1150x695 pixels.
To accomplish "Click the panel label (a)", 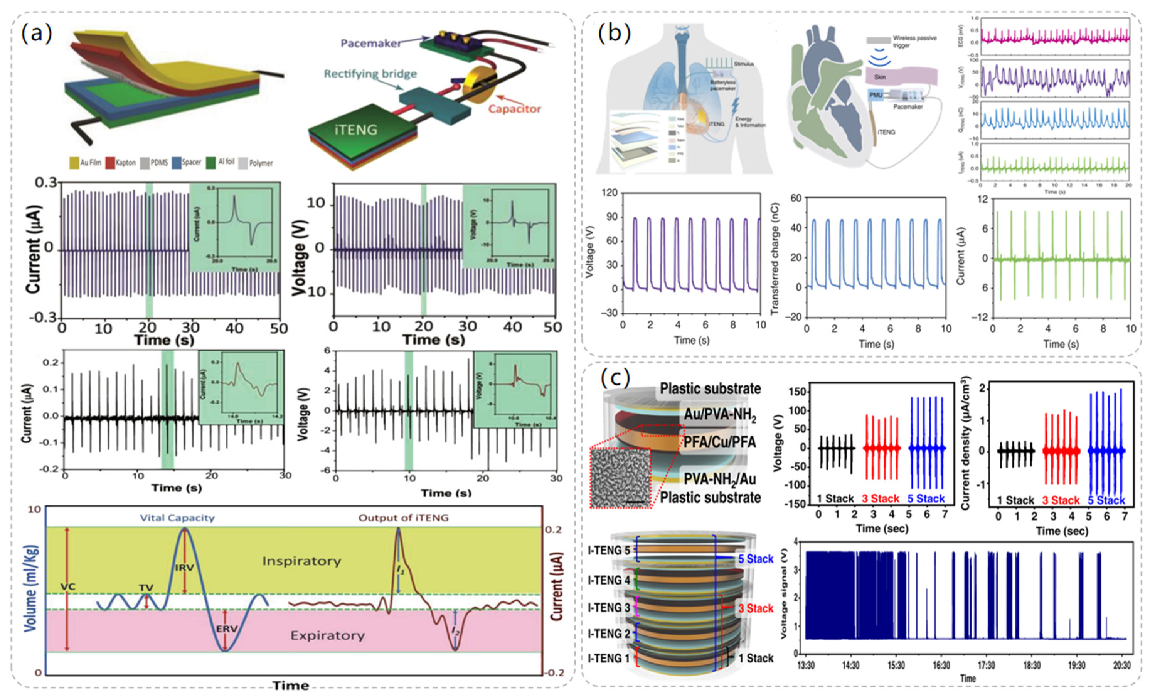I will [x=36, y=34].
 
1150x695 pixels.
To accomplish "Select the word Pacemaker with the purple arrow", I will [x=370, y=43].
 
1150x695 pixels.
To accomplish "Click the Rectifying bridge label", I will [x=370, y=74].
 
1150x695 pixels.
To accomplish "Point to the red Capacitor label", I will [x=514, y=109].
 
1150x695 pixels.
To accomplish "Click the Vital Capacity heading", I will [x=177, y=518].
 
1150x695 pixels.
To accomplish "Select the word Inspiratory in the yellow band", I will [x=301, y=561].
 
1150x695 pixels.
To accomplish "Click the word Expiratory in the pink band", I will [x=327, y=635].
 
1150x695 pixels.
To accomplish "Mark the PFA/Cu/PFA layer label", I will [x=719, y=442].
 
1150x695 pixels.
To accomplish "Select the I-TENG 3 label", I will [x=609, y=608].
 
